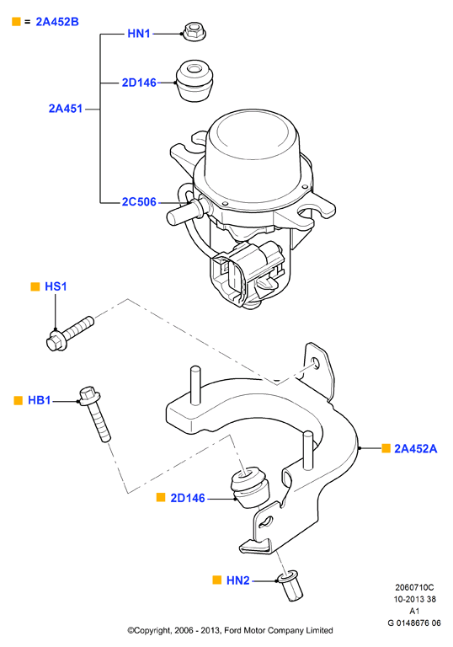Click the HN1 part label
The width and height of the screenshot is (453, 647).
pos(139,34)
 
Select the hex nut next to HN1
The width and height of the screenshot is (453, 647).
pos(194,31)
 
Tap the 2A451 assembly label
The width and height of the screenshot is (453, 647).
pos(66,109)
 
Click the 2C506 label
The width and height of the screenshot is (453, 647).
pos(139,202)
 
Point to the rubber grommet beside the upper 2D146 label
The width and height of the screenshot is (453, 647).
pos(195,81)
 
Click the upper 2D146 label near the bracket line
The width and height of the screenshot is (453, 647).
pos(139,83)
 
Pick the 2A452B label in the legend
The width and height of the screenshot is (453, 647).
pos(57,21)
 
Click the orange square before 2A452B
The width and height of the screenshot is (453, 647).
pos(16,21)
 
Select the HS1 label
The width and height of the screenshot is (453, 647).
pos(56,286)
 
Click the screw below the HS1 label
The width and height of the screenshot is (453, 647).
pos(69,334)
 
